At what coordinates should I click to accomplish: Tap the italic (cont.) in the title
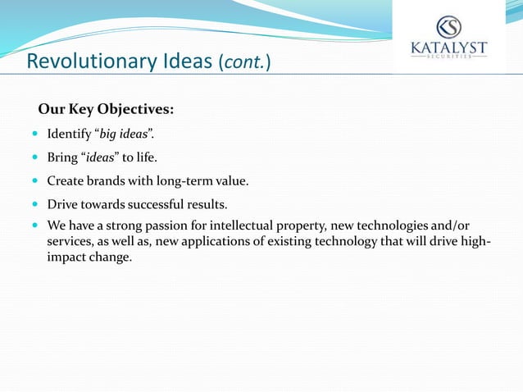246,62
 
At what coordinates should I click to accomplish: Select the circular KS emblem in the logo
448,26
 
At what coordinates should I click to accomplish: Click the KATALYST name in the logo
448,48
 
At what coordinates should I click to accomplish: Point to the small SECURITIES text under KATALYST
448,57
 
